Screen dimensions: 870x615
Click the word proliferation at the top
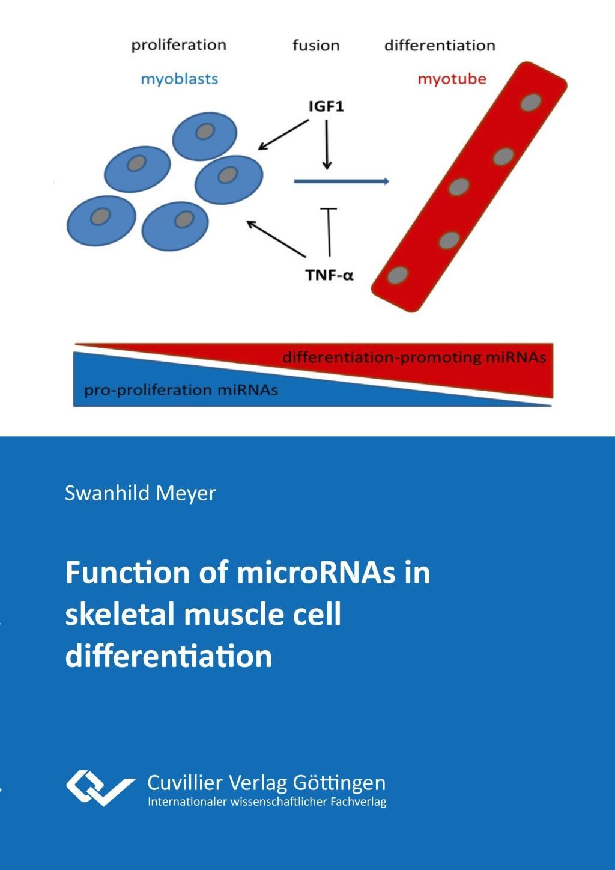click(x=178, y=45)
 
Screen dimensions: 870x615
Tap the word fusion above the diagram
click(x=316, y=46)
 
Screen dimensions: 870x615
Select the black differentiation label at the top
click(x=440, y=46)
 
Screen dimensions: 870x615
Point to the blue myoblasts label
click(x=179, y=79)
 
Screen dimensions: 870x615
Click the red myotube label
click(x=452, y=79)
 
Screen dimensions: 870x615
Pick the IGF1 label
click(x=326, y=107)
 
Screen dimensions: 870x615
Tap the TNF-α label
click(x=329, y=275)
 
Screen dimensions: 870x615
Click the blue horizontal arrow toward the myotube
click(x=341, y=180)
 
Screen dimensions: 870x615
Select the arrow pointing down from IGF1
click(x=327, y=144)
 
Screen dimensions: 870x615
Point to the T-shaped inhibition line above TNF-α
click(x=329, y=231)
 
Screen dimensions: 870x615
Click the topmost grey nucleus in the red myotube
click(x=529, y=103)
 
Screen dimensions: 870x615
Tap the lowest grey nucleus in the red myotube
click(x=397, y=276)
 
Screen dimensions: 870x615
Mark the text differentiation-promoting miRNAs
click(x=414, y=357)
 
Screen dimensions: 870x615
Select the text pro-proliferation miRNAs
click(x=181, y=390)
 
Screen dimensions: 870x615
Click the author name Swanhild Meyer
click(x=140, y=493)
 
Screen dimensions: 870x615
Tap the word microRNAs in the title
click(x=316, y=573)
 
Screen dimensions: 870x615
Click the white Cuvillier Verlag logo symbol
click(x=99, y=788)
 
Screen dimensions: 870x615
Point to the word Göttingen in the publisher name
click(x=339, y=783)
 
